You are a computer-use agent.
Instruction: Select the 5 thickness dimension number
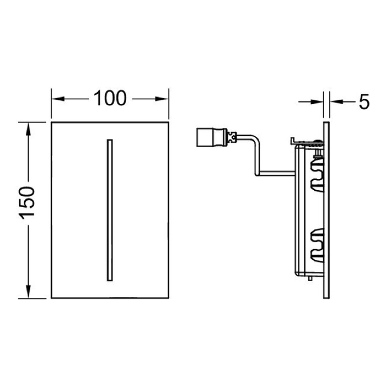(364, 102)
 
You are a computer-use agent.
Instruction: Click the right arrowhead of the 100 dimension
(162, 99)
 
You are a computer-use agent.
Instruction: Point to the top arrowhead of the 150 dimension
(28, 129)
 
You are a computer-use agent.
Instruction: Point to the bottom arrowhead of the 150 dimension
(28, 292)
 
